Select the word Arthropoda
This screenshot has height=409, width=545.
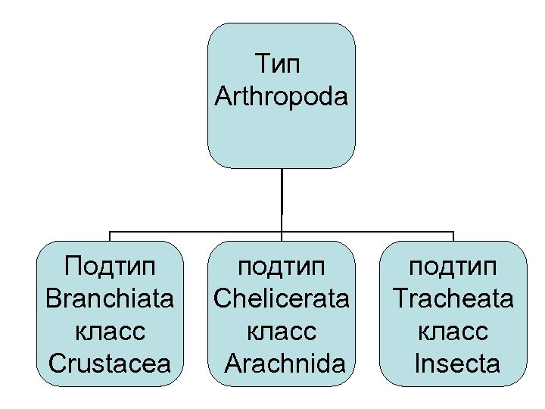[282, 96]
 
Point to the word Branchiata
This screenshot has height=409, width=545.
[110, 299]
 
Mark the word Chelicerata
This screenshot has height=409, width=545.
[282, 299]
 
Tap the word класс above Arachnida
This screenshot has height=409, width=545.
[282, 332]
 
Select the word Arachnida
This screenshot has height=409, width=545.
[285, 364]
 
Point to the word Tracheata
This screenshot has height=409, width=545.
[453, 299]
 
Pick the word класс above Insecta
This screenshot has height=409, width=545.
[453, 332]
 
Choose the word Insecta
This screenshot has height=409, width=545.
[457, 364]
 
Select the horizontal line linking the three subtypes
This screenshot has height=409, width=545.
[197, 232]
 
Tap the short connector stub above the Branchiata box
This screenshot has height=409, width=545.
[111, 236]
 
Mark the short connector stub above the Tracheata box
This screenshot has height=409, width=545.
[453, 236]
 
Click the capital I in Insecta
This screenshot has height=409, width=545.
[418, 364]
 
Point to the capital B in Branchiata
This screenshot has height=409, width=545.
[52, 299]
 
